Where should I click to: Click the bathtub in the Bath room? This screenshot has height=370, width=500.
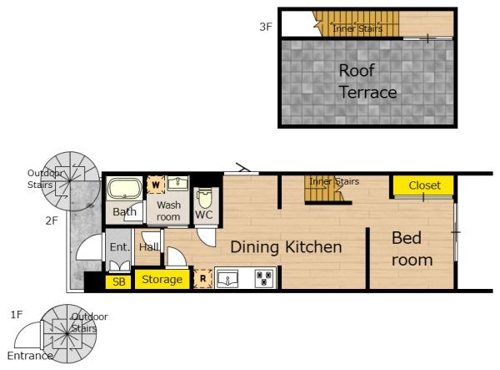[125, 189]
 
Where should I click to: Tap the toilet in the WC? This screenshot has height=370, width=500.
[204, 199]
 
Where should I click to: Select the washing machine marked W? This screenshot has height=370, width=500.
[156, 185]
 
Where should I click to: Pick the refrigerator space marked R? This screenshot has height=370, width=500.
[202, 279]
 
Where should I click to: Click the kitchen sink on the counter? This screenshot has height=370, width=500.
[227, 279]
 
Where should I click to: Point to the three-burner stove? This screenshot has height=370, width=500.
[264, 278]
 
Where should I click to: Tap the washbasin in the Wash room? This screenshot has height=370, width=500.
[178, 183]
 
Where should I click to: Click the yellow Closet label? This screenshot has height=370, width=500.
[424, 185]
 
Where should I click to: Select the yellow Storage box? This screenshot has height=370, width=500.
[162, 280]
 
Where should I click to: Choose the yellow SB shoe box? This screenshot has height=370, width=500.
[118, 281]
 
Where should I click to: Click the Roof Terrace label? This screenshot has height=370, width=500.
[367, 82]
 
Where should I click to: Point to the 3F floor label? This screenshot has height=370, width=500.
[266, 27]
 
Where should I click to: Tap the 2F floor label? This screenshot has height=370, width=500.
[52, 220]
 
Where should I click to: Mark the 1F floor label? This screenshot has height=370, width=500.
[17, 315]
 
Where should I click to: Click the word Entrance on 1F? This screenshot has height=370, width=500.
[30, 356]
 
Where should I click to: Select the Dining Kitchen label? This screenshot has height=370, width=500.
[286, 247]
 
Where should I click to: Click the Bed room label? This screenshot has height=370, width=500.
[412, 249]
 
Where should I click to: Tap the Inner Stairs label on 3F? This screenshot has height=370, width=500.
[357, 28]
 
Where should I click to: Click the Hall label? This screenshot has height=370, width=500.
[149, 246]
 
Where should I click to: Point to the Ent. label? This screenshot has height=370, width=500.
[120, 246]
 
